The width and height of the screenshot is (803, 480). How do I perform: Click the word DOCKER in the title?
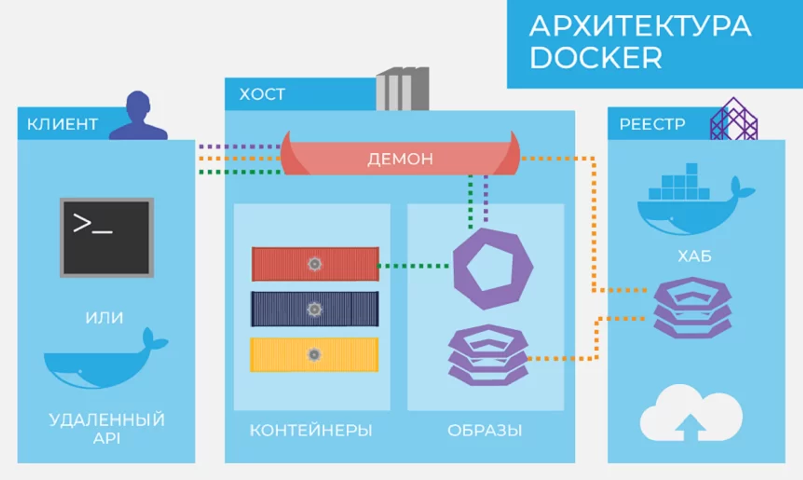click(596, 58)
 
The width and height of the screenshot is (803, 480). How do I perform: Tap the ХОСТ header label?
click(262, 94)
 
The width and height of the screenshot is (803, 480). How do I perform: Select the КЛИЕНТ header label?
click(62, 124)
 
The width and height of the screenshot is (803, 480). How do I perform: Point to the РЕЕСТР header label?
click(652, 124)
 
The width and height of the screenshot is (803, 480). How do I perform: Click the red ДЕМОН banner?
click(400, 159)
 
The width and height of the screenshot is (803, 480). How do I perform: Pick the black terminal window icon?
click(107, 238)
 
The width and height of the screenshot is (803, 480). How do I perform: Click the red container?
click(315, 264)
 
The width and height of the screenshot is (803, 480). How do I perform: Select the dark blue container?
click(315, 309)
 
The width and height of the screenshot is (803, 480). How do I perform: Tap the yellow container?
click(314, 355)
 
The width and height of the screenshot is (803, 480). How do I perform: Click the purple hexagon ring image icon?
click(493, 269)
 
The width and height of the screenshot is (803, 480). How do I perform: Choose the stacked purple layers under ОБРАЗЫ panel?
click(488, 355)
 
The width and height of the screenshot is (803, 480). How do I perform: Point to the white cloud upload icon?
click(691, 414)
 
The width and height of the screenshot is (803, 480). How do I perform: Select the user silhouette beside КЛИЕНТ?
click(139, 117)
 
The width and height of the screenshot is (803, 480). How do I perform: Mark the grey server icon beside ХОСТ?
click(402, 89)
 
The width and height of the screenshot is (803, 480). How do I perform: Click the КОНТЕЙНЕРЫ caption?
click(311, 431)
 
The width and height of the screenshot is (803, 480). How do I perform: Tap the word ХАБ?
click(694, 256)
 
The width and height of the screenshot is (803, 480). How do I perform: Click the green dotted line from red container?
click(414, 266)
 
